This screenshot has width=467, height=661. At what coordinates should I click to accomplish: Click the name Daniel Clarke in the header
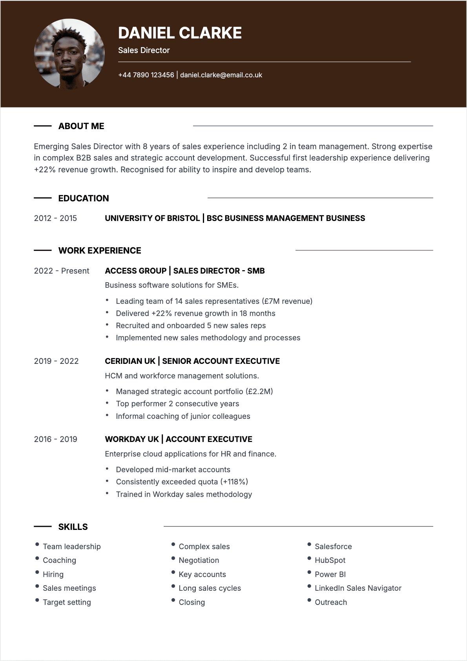180,33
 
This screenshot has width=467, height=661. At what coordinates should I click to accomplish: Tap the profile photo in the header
69,54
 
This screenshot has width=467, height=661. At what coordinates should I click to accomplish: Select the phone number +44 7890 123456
146,75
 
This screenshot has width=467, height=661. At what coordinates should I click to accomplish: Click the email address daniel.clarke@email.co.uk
221,75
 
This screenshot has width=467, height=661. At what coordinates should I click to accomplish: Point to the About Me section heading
81,126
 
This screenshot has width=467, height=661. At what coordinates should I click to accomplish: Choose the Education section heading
84,198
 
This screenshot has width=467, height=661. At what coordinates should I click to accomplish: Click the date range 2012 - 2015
55,218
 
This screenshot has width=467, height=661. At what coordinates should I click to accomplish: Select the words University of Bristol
152,218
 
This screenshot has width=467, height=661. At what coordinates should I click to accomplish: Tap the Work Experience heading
100,250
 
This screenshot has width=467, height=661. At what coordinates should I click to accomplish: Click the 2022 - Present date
62,271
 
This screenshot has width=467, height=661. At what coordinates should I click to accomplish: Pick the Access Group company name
136,271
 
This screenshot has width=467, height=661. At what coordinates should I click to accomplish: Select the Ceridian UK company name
130,361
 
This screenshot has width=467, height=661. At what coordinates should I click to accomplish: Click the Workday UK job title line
179,439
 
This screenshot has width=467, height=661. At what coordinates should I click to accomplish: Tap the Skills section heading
73,527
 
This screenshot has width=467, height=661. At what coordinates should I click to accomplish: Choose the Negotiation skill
199,560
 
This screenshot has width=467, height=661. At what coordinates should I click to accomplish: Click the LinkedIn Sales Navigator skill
358,588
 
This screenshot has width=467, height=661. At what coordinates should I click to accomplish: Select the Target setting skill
67,602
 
